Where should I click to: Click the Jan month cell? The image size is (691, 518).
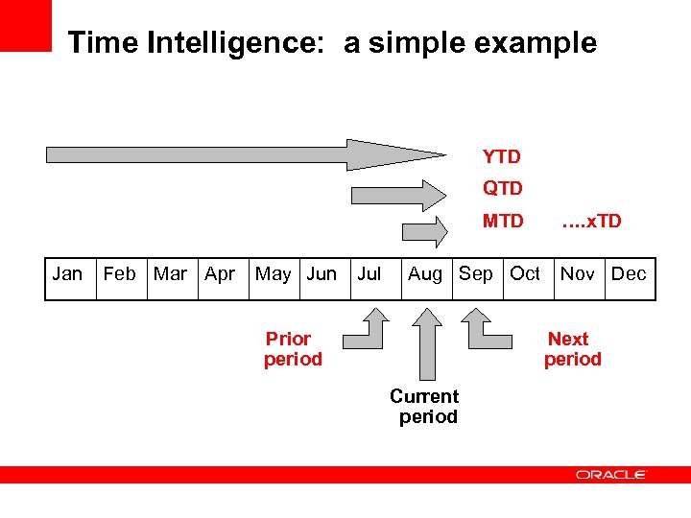coord(67,274)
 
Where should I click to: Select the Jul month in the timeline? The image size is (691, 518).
coord(369,274)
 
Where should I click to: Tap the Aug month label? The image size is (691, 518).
coord(425,274)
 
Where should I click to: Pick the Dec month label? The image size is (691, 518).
coord(629,274)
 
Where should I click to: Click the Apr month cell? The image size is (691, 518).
coord(220,274)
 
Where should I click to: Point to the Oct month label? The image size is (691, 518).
coord(525,274)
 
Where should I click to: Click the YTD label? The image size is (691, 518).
coord(501,156)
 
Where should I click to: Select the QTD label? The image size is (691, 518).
coord(502,189)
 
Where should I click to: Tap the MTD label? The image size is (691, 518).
coord(503,222)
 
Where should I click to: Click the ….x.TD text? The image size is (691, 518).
coord(591,222)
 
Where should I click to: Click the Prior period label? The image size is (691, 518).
coord(292,349)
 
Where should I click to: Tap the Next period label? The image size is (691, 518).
coord(572,349)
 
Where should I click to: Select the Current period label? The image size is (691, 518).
coord(425,407)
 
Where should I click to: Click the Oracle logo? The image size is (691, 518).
coord(611,475)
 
